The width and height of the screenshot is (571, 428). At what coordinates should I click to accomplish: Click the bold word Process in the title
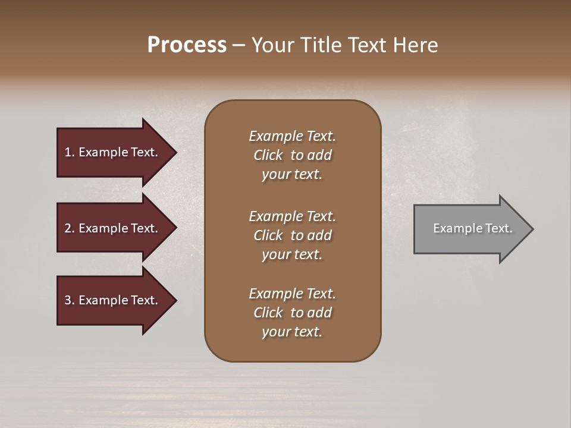click(x=187, y=45)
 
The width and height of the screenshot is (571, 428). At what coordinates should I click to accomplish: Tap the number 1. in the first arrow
click(x=70, y=152)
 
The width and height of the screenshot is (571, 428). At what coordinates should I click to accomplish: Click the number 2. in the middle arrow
click(x=70, y=228)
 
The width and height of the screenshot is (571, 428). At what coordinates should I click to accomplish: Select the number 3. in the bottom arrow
click(x=70, y=300)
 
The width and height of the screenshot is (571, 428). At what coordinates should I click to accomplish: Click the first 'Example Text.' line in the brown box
click(x=292, y=136)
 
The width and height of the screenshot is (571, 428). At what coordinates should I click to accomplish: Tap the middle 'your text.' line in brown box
click(x=292, y=254)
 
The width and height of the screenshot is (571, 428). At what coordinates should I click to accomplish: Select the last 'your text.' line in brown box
click(x=292, y=332)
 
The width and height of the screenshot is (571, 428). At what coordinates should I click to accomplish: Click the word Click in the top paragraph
click(x=268, y=155)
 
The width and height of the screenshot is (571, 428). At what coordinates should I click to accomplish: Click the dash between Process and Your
click(x=239, y=45)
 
